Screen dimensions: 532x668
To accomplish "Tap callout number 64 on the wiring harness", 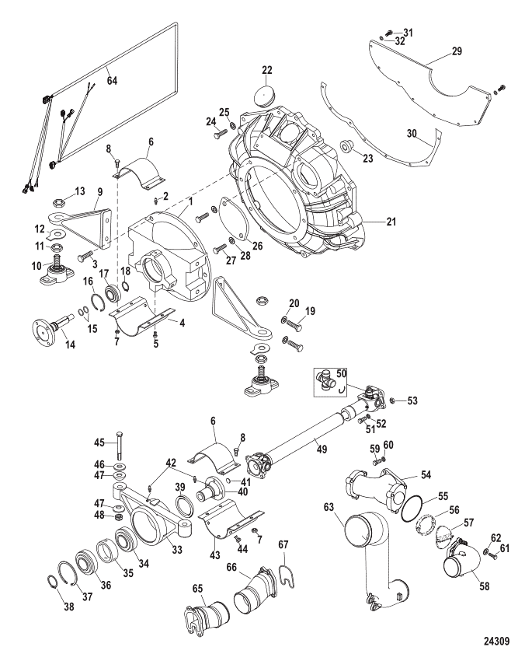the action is [x=112, y=80].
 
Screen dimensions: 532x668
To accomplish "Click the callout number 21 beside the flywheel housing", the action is [x=391, y=222].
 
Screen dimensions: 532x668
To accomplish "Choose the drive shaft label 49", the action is [x=322, y=449].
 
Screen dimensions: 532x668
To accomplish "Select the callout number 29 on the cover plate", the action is [x=457, y=51].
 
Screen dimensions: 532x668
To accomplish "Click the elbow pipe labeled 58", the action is [x=461, y=561].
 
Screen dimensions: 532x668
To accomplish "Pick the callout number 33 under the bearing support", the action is [x=177, y=550].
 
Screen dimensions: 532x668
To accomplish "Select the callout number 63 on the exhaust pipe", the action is [x=329, y=507].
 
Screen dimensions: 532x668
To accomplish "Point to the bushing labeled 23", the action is [x=346, y=145].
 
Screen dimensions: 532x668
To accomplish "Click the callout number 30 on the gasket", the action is [x=411, y=133].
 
